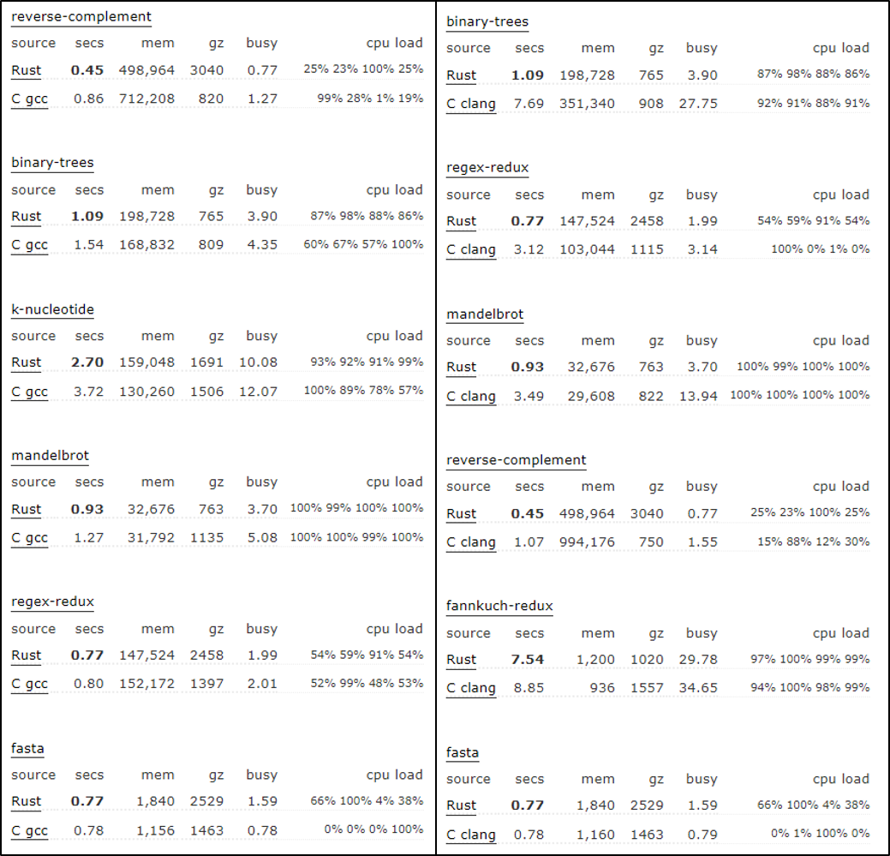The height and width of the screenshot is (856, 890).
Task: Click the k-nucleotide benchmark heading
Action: pyautogui.click(x=52, y=309)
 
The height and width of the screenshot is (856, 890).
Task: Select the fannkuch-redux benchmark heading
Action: pyautogui.click(x=499, y=606)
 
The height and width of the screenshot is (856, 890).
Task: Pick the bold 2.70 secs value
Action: pyautogui.click(x=87, y=362)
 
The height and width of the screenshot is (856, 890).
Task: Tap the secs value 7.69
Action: pyautogui.click(x=529, y=104)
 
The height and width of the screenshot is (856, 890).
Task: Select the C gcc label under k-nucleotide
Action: pyautogui.click(x=29, y=392)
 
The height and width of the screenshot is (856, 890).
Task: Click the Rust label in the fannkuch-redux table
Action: pyautogui.click(x=461, y=660)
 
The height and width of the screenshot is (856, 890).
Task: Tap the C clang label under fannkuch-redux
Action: pyautogui.click(x=470, y=687)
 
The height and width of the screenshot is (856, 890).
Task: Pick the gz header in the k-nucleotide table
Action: pyautogui.click(x=215, y=336)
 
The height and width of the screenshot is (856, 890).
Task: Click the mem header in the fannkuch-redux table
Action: pyautogui.click(x=598, y=633)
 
